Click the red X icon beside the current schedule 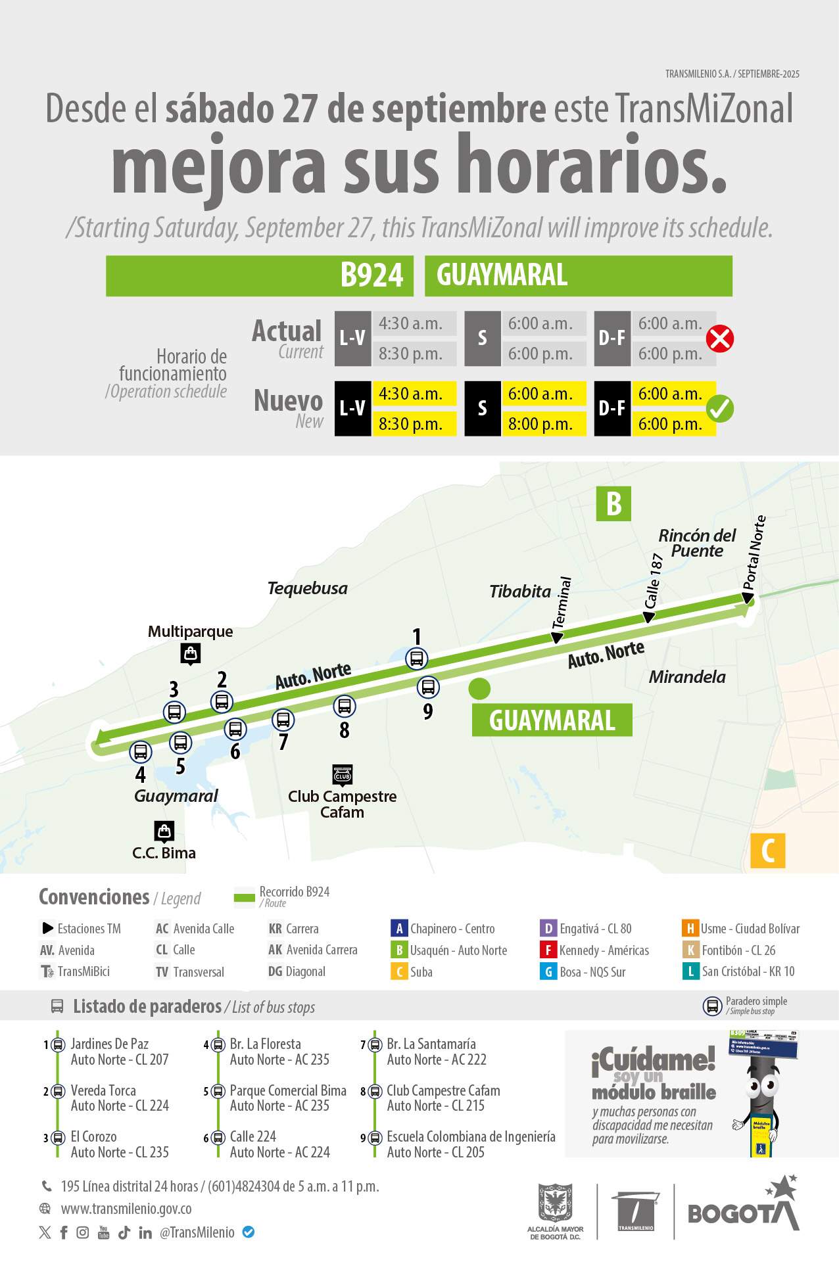pyautogui.click(x=720, y=339)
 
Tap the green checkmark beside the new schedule pyautogui.click(x=720, y=409)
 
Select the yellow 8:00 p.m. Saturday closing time pyautogui.click(x=544, y=424)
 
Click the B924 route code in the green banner pyautogui.click(x=372, y=275)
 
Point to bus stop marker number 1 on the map pyautogui.click(x=416, y=658)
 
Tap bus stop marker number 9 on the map pyautogui.click(x=428, y=687)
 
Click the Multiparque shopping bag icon pyautogui.click(x=191, y=654)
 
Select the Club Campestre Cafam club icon pyautogui.click(x=343, y=774)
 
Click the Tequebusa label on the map pyautogui.click(x=308, y=588)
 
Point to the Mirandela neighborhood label pyautogui.click(x=687, y=677)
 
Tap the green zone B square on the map pyautogui.click(x=613, y=504)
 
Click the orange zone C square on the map pyautogui.click(x=767, y=850)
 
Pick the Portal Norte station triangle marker pyautogui.click(x=748, y=597)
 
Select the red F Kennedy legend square pyautogui.click(x=548, y=950)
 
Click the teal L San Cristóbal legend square pyautogui.click(x=690, y=971)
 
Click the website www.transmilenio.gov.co pyautogui.click(x=126, y=1209)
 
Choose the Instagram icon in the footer pyautogui.click(x=83, y=1233)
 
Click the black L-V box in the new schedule pyautogui.click(x=352, y=409)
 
